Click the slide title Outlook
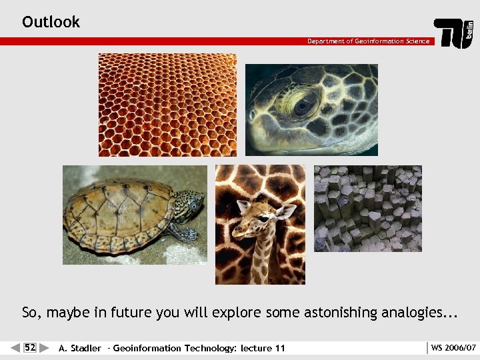51,22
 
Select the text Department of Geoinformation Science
368,41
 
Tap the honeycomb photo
167,105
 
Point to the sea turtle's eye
303,105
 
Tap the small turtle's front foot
183,233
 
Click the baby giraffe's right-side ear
286,211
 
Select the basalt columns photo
368,208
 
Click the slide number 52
30,347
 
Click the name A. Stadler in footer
80,348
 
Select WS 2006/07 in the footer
453,348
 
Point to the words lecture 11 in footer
263,348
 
